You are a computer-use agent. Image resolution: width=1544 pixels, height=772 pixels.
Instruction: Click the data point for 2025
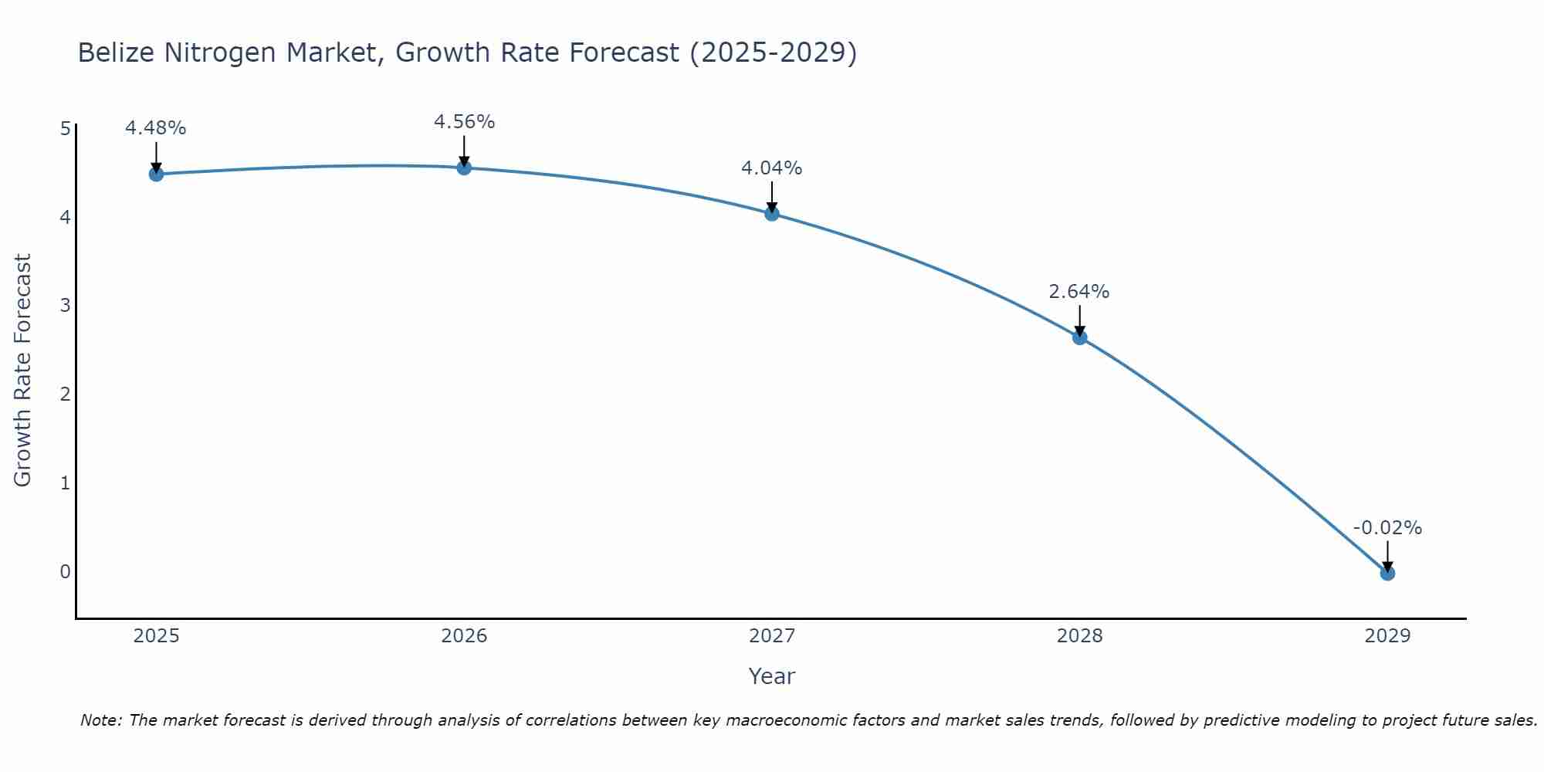156,174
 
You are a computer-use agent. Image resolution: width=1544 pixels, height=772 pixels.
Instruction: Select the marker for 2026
464,168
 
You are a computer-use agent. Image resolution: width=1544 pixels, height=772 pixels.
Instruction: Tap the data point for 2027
772,214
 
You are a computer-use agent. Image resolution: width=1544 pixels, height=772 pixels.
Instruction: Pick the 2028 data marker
1079,337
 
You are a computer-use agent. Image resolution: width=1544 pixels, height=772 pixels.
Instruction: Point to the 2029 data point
1387,574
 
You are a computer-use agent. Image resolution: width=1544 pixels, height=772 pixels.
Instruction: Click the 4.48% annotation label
156,128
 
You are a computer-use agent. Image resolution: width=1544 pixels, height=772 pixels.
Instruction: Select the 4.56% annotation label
464,122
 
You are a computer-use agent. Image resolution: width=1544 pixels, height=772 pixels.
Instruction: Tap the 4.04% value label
772,168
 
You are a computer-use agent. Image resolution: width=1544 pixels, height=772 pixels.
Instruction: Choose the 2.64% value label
1079,292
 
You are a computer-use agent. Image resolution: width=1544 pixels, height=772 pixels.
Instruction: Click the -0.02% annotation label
1387,528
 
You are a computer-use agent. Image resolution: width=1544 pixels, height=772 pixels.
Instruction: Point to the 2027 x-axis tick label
772,636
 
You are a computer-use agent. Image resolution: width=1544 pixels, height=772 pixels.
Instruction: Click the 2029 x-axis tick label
1387,636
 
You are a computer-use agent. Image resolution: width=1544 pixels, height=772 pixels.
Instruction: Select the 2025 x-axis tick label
156,636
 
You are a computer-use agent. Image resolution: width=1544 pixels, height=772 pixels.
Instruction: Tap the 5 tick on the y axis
66,129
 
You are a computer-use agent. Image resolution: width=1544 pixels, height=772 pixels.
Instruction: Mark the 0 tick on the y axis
66,572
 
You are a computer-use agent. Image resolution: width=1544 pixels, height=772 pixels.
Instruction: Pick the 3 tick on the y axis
66,306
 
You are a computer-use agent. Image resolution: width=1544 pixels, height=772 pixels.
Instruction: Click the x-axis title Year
772,676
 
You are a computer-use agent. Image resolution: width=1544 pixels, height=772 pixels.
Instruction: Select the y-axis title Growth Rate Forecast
23,371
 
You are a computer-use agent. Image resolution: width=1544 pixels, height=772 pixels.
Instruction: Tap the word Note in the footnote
100,720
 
